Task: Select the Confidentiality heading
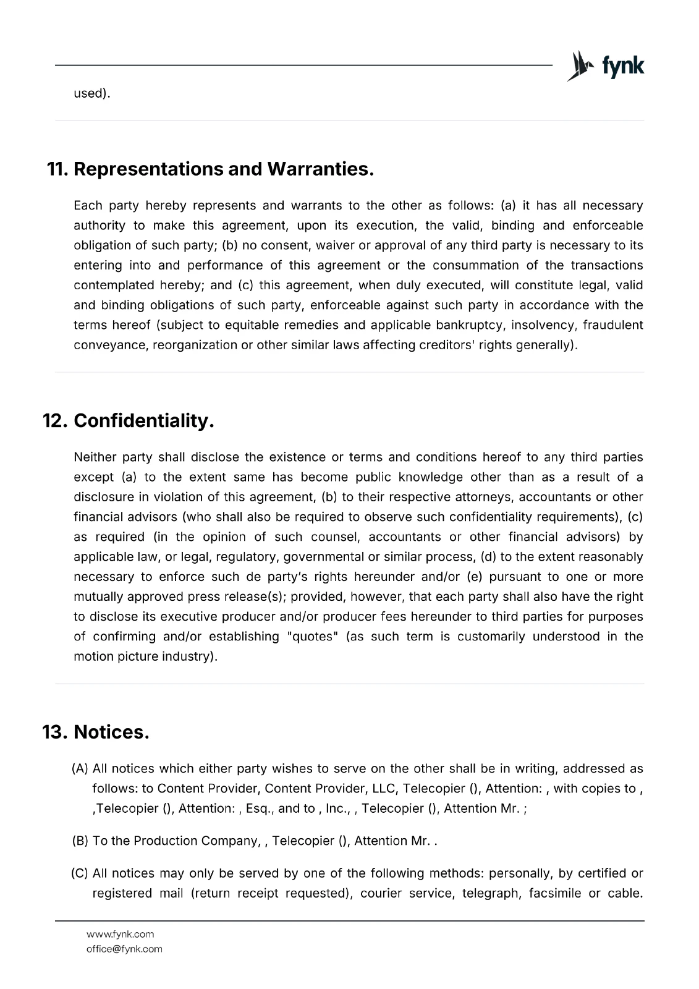click(x=143, y=421)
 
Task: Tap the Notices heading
click(x=111, y=732)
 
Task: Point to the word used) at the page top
click(x=92, y=94)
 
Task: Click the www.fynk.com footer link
click(x=121, y=934)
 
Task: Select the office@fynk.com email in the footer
click(x=124, y=949)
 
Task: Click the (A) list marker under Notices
click(x=80, y=769)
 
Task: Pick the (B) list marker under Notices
click(x=80, y=841)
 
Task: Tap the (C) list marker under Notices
click(x=80, y=873)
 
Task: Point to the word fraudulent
click(x=612, y=325)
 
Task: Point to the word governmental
click(x=323, y=557)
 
